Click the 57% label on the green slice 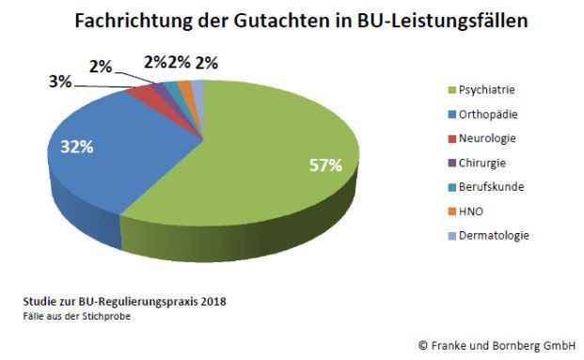point(324,165)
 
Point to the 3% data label point(60,82)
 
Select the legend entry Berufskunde point(492,186)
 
